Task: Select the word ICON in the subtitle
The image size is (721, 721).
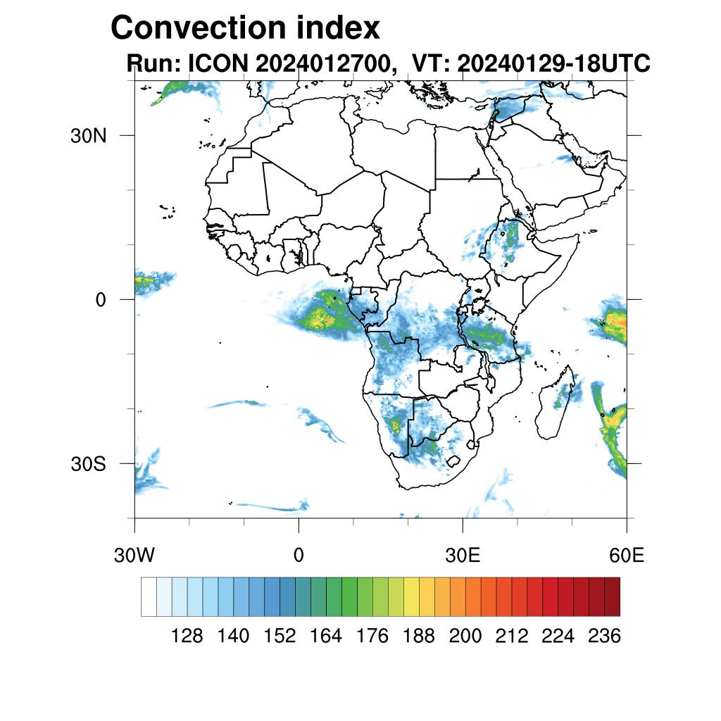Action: pyautogui.click(x=217, y=64)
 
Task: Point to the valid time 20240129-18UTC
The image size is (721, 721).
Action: pyautogui.click(x=553, y=64)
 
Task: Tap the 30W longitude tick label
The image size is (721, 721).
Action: pyautogui.click(x=134, y=556)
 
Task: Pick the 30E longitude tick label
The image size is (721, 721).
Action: pyautogui.click(x=463, y=556)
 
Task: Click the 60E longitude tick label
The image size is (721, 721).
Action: pyautogui.click(x=626, y=556)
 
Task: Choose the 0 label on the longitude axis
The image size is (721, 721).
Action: pyautogui.click(x=299, y=556)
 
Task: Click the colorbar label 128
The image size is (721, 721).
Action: pyautogui.click(x=187, y=637)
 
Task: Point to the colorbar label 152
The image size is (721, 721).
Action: pyautogui.click(x=280, y=637)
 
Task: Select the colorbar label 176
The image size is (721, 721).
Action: pyautogui.click(x=372, y=637)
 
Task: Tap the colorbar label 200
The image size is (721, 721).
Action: pyautogui.click(x=465, y=637)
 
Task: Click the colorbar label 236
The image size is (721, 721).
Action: pyautogui.click(x=604, y=637)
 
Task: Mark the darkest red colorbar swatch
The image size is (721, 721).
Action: pyautogui.click(x=612, y=596)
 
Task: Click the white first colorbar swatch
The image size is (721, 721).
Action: pyautogui.click(x=149, y=596)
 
